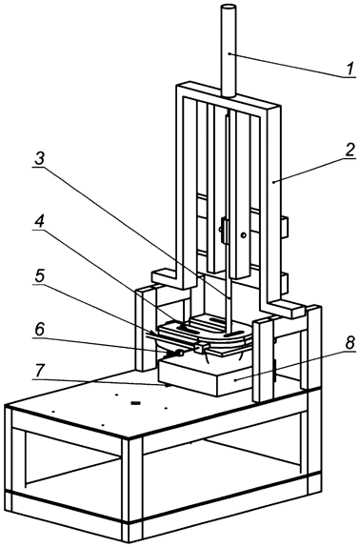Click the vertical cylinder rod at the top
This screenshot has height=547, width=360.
point(230,48)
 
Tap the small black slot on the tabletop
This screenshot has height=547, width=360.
point(134,404)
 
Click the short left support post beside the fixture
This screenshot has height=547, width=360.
point(142,324)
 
